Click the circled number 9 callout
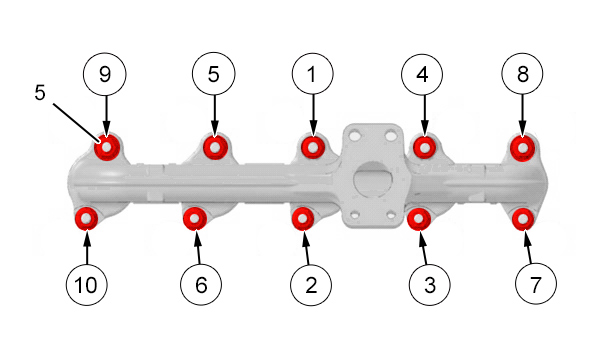point(105,74)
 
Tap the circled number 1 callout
point(313,74)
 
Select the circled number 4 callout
point(422,74)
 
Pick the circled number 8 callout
point(522,74)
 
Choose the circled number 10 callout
point(87,284)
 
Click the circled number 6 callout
point(201,285)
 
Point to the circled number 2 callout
point(311,285)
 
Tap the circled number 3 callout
point(429,285)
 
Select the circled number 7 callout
point(536,284)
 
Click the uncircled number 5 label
point(40,93)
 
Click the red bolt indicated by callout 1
point(313,147)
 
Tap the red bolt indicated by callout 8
point(523,148)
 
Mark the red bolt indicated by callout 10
point(87,218)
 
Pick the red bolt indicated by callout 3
point(419,219)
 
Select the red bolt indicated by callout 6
point(195,218)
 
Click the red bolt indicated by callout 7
point(523,219)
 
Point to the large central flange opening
point(373,179)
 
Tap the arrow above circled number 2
point(306,247)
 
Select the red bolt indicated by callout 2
point(302,218)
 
